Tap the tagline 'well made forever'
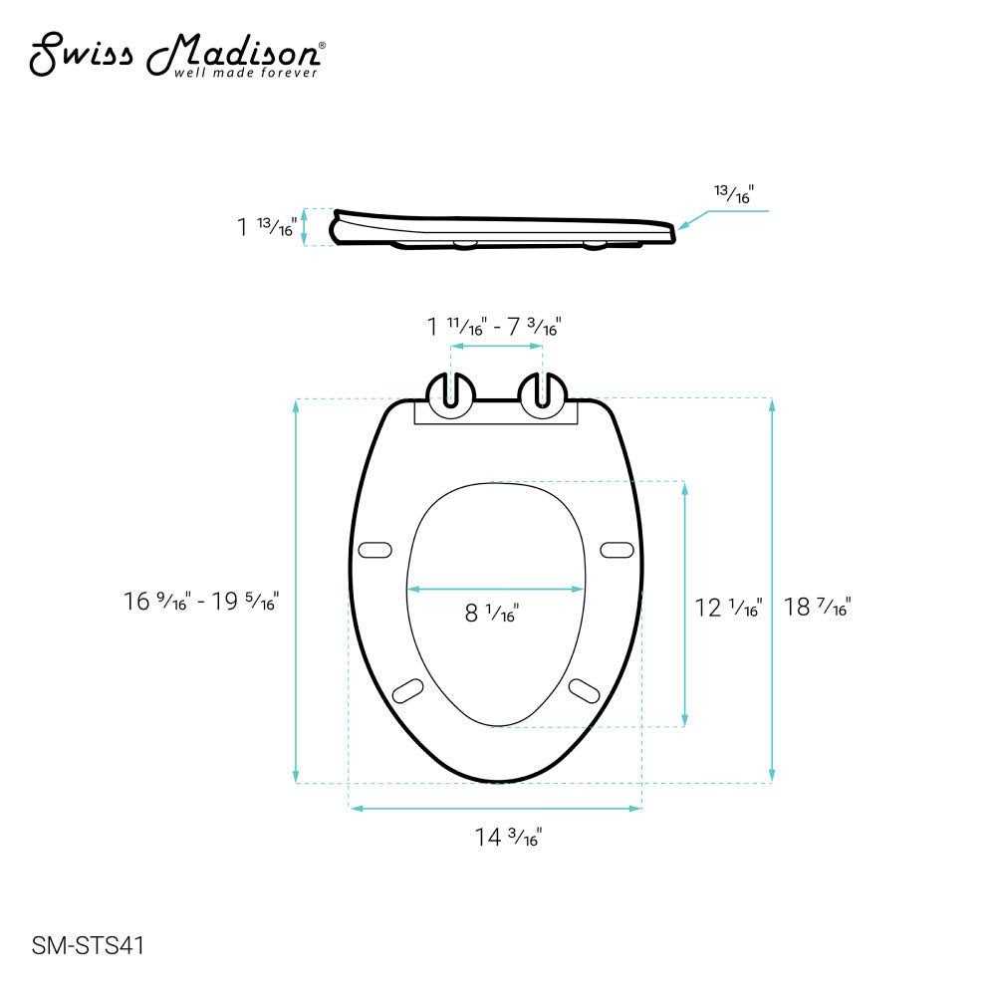click(x=246, y=73)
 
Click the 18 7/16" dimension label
click(x=817, y=606)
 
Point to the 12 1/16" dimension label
click(x=728, y=606)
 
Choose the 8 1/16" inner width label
click(x=491, y=614)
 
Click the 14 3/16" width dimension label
click(x=507, y=838)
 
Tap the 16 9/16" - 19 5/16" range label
click(x=201, y=601)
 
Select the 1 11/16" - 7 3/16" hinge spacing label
click(x=494, y=325)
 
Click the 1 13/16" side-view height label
click(x=266, y=227)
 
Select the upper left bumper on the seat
click(x=374, y=549)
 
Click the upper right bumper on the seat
click(x=616, y=549)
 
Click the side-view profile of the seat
click(x=503, y=228)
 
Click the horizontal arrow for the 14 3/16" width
click(x=494, y=809)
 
